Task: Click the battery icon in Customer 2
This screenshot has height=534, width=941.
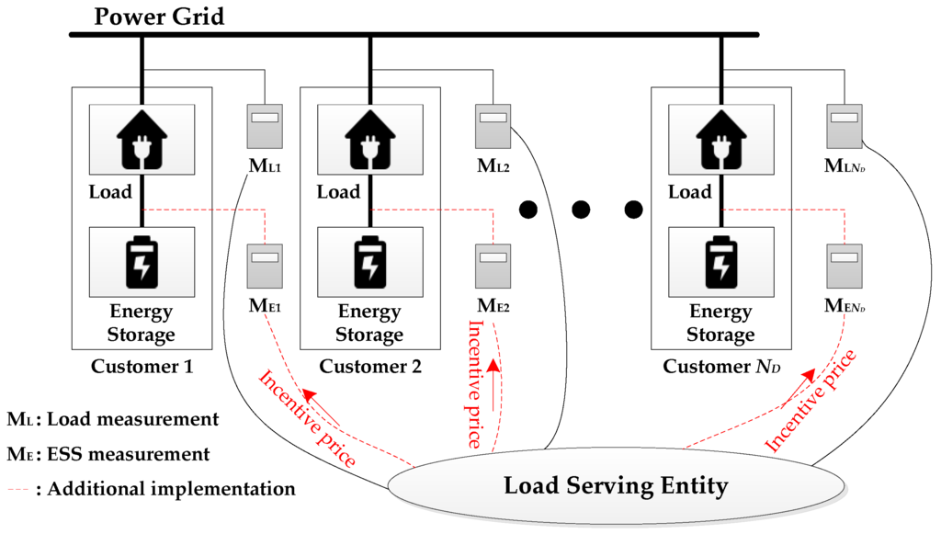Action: (x=369, y=262)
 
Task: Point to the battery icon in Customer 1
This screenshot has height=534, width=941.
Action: (x=142, y=262)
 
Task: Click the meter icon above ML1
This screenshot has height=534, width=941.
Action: (x=264, y=128)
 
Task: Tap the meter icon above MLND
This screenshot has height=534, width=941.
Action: (x=843, y=128)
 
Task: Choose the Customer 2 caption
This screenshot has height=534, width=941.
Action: (x=370, y=368)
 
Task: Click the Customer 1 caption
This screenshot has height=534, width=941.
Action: (x=142, y=368)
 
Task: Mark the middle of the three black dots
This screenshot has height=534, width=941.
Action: (x=580, y=210)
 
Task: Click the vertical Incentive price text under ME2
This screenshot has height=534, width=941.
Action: (x=475, y=383)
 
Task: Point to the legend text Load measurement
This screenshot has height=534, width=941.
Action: (x=131, y=420)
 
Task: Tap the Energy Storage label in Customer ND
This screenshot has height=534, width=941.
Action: (x=720, y=323)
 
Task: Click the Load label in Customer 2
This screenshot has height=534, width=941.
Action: (x=338, y=193)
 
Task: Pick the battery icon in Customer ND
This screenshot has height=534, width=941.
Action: (x=720, y=262)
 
